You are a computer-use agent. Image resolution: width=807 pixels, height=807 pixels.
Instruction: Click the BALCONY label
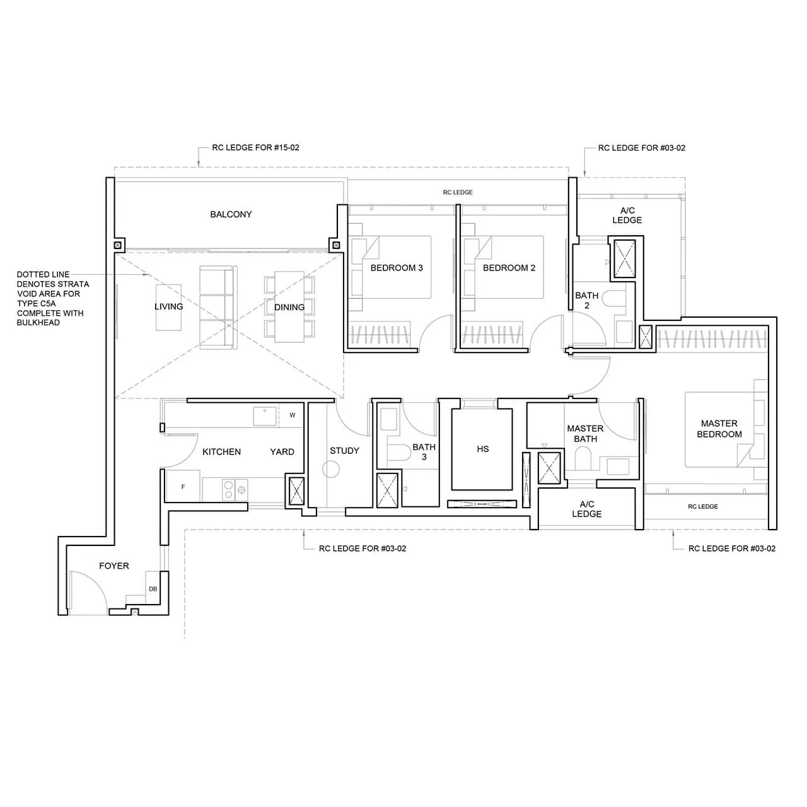coord(231,214)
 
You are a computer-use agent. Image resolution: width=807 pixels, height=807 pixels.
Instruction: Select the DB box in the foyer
coord(153,589)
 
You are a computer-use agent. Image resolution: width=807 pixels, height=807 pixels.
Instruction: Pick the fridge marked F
coord(183,487)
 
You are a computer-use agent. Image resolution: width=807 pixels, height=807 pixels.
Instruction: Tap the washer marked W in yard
coord(293,415)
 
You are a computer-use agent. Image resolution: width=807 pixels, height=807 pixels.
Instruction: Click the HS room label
coord(483,449)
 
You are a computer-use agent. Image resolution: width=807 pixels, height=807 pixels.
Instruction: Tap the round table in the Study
coord(330,469)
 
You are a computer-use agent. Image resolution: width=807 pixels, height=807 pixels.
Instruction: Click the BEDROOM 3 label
coord(397,268)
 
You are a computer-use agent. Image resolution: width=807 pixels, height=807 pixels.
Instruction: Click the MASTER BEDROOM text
coord(719,429)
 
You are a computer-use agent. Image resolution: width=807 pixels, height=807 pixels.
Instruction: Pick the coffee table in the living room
coord(168,307)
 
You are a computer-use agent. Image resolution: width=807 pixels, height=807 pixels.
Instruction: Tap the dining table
coord(289,307)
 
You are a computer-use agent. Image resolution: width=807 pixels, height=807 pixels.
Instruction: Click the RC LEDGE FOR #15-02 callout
coord(255,148)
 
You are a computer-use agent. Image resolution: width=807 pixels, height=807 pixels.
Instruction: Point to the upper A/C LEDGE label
coord(627,215)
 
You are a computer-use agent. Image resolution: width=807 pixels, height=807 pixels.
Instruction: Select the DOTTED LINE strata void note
coord(53,298)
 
